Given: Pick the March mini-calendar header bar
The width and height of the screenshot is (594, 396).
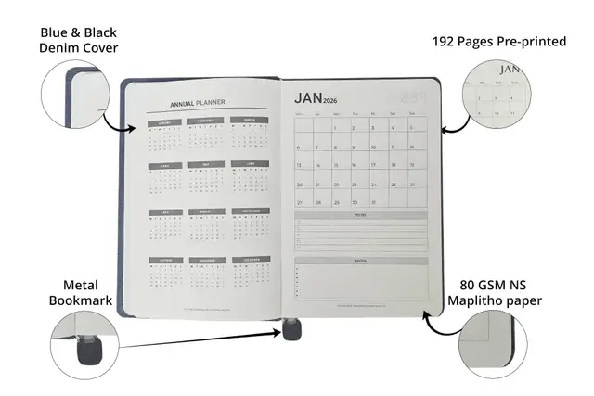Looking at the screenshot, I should click(x=250, y=121).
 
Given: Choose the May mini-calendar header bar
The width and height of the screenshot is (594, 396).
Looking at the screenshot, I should click(x=207, y=166).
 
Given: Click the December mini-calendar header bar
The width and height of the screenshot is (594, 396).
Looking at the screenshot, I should click(x=250, y=259).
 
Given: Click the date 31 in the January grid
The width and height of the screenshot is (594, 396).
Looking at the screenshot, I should click(x=372, y=200).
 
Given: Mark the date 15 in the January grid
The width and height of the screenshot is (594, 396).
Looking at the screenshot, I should click(x=372, y=165).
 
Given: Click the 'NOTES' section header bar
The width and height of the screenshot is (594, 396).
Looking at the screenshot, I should click(x=360, y=261).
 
